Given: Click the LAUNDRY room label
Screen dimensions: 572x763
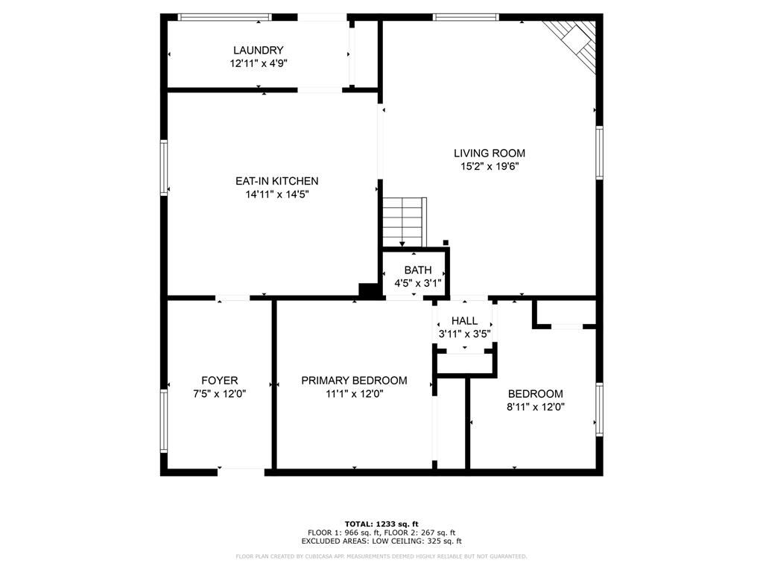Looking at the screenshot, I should pyautogui.click(x=258, y=51).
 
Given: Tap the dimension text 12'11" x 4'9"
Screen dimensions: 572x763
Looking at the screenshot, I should pyautogui.click(x=258, y=64).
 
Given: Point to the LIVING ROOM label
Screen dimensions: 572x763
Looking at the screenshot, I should pyautogui.click(x=489, y=153).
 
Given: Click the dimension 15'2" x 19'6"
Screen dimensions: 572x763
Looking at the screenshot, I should pyautogui.click(x=489, y=167).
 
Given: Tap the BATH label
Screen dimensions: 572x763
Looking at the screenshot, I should pyautogui.click(x=417, y=270).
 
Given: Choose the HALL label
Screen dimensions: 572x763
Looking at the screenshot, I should pyautogui.click(x=464, y=321).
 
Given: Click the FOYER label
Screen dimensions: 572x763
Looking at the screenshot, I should pyautogui.click(x=219, y=381).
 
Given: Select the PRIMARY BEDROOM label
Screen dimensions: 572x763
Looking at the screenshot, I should pyautogui.click(x=354, y=381).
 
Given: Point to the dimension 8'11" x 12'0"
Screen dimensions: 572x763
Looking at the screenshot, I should pyautogui.click(x=535, y=407).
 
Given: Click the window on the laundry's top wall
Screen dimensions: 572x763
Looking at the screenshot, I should pyautogui.click(x=224, y=16).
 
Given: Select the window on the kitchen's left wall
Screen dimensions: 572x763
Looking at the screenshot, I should pyautogui.click(x=164, y=167).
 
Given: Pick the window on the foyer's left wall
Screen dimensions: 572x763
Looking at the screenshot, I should pyautogui.click(x=164, y=422).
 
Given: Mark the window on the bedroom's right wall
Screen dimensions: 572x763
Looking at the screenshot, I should pyautogui.click(x=599, y=409).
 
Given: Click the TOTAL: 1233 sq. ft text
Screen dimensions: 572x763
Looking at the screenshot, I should pyautogui.click(x=381, y=524).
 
